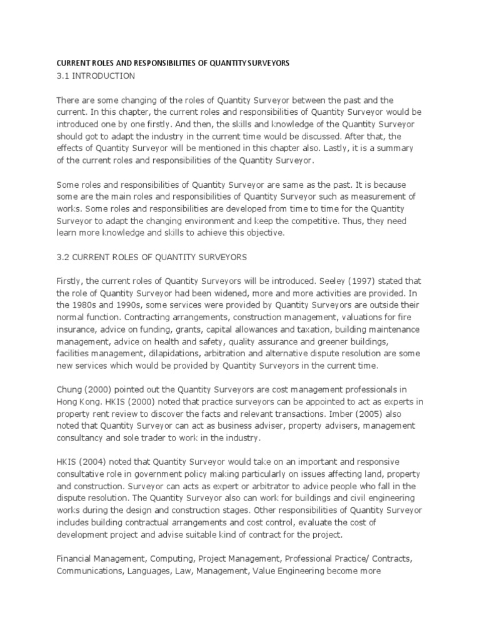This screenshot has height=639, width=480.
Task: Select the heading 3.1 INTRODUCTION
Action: (x=96, y=76)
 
